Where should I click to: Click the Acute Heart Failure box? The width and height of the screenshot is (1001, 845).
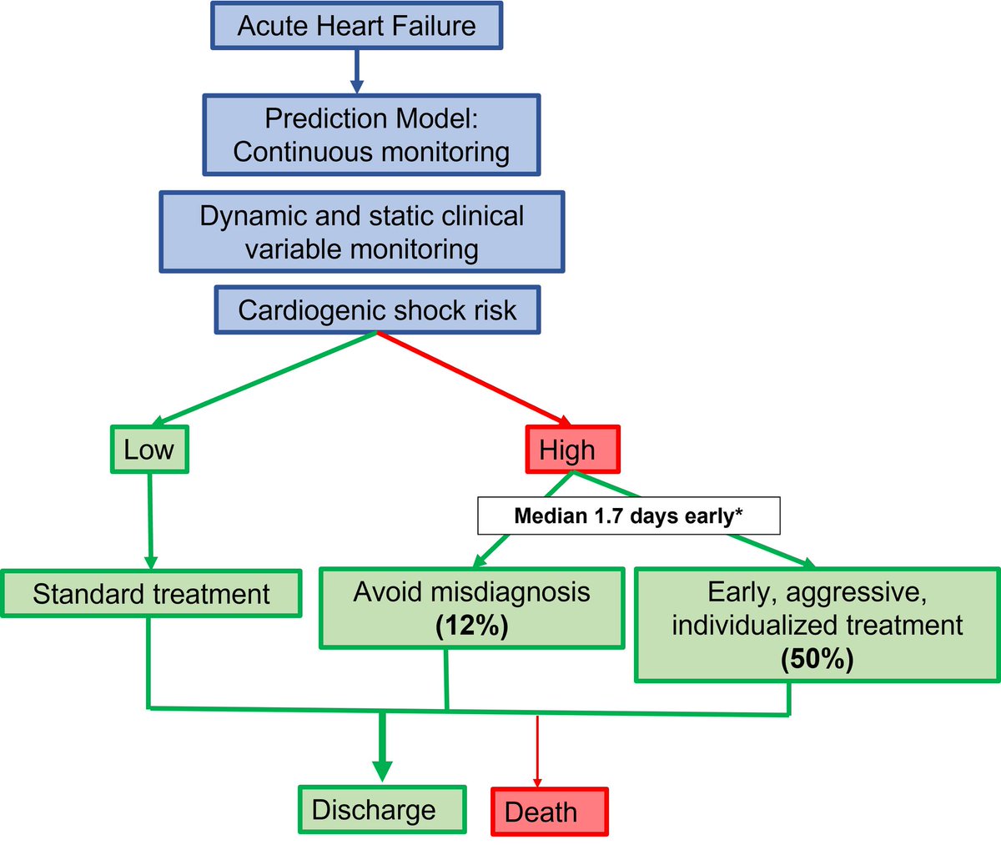(x=356, y=26)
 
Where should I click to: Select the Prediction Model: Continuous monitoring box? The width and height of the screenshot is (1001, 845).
(x=371, y=135)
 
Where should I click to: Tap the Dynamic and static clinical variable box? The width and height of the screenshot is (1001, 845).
(x=361, y=233)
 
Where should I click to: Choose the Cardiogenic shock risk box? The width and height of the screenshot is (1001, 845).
(x=377, y=310)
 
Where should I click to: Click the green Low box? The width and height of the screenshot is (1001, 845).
(x=149, y=450)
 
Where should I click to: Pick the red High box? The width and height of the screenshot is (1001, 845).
(x=572, y=450)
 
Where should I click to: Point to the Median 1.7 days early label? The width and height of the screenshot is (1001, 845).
(x=628, y=516)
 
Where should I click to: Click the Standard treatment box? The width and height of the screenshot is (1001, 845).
(x=151, y=594)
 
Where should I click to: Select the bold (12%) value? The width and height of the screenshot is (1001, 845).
(x=471, y=626)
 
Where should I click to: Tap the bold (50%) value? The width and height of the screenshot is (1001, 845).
(x=817, y=659)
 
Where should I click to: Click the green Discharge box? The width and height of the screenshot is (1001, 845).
(x=382, y=809)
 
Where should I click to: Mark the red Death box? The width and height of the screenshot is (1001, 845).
(x=549, y=812)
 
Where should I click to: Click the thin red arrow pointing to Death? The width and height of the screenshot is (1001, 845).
(x=537, y=751)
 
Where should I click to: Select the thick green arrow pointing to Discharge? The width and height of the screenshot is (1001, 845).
(x=382, y=747)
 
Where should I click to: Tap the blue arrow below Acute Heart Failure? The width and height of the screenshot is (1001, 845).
(x=356, y=71)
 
